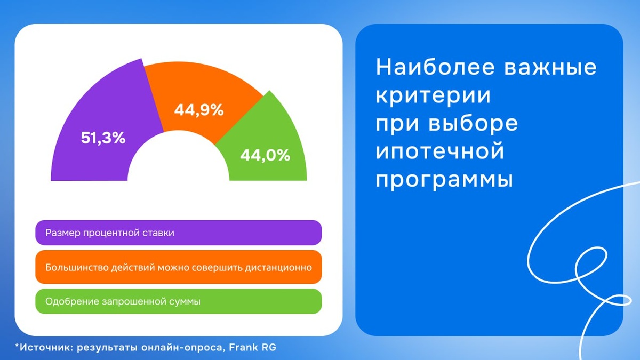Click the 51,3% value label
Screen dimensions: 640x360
click(x=103, y=138)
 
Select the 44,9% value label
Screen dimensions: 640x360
click(x=199, y=110)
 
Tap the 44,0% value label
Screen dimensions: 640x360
click(x=265, y=155)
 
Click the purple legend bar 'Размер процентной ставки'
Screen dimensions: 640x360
click(x=179, y=233)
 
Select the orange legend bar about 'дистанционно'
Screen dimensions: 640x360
click(x=179, y=267)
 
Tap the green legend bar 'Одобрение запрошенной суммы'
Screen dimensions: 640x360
click(x=179, y=301)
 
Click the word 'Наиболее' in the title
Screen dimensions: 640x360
click(x=435, y=67)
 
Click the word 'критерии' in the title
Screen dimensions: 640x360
click(x=433, y=95)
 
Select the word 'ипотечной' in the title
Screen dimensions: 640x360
click(x=439, y=151)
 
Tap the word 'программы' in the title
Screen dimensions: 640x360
click(x=444, y=181)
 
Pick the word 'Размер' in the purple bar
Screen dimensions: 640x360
click(x=63, y=233)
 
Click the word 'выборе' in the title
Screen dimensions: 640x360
click(x=473, y=124)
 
